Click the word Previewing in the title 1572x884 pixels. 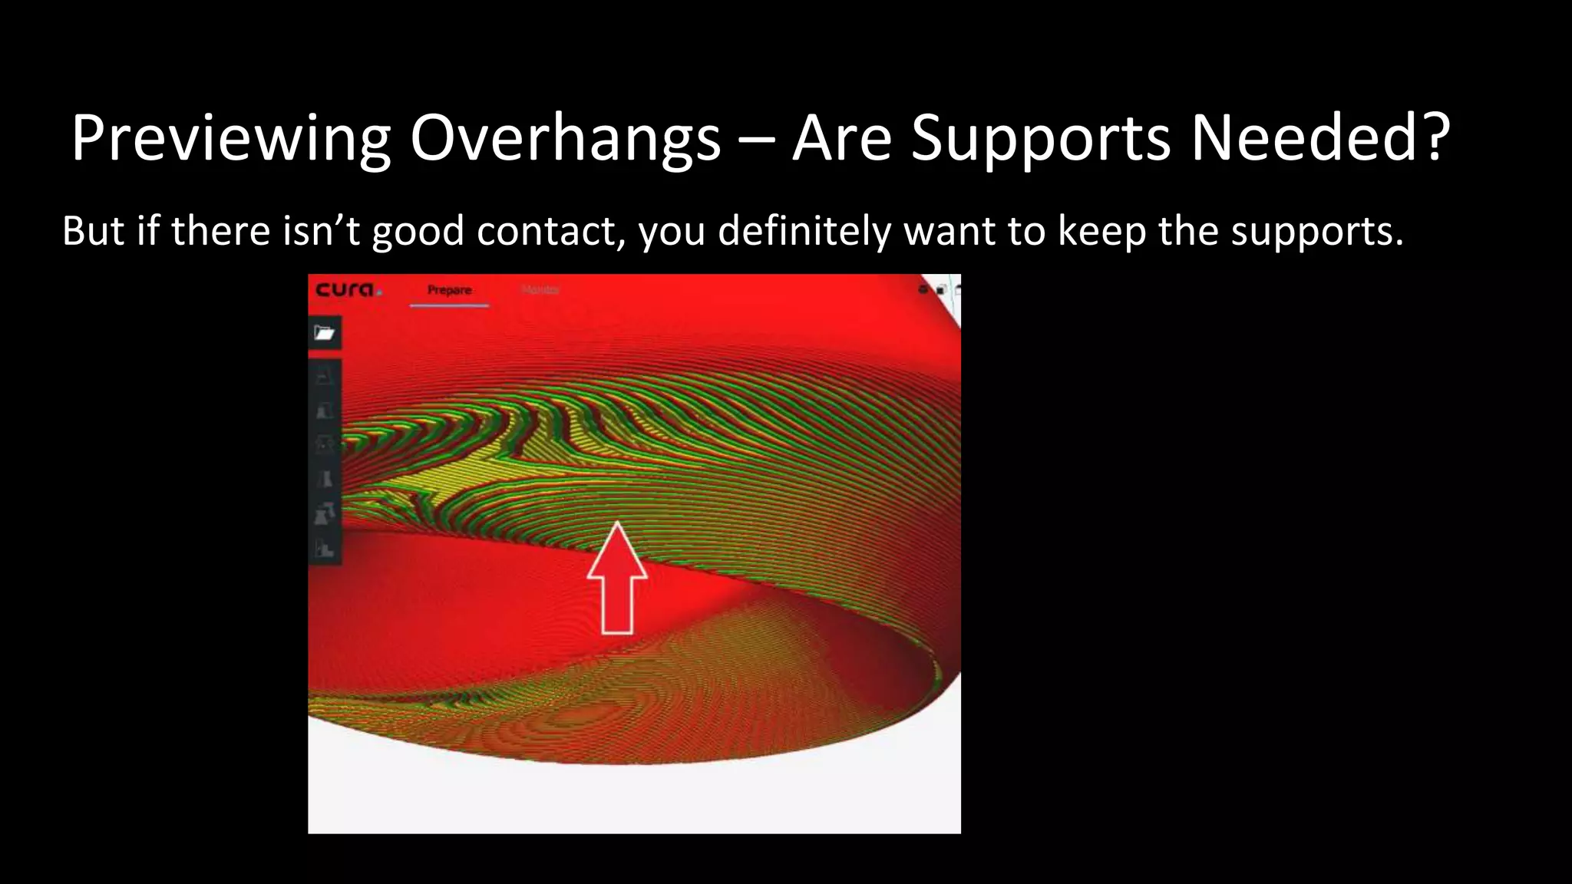click(x=231, y=139)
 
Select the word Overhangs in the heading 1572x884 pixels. click(x=565, y=139)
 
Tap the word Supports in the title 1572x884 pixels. click(x=1040, y=139)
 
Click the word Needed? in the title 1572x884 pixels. click(x=1319, y=139)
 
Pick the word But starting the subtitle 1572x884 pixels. click(x=92, y=231)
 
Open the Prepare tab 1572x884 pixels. click(x=449, y=290)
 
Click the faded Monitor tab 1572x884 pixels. click(x=540, y=290)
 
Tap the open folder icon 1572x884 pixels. click(x=325, y=333)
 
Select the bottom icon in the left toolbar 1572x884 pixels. click(x=325, y=549)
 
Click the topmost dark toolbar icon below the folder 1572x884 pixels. click(x=325, y=376)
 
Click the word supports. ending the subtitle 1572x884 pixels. click(x=1317, y=231)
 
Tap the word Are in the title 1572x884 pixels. click(x=842, y=139)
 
